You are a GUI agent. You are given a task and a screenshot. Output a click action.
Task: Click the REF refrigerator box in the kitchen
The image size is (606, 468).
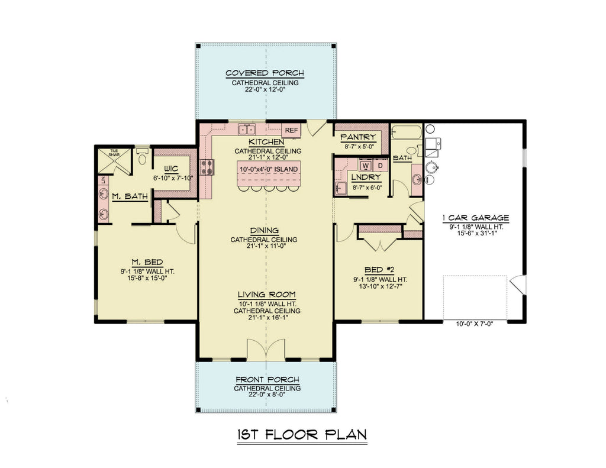click(x=291, y=130)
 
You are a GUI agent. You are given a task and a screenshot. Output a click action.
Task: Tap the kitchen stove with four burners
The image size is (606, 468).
click(x=208, y=167)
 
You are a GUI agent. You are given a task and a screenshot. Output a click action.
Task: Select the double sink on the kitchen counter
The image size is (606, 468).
click(x=247, y=129)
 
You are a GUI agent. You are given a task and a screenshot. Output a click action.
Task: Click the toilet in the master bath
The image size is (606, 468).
click(x=141, y=158)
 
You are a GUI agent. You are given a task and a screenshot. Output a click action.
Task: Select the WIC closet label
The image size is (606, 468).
click(x=171, y=168)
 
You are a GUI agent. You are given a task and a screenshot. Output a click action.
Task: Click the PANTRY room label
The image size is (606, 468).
click(x=357, y=137)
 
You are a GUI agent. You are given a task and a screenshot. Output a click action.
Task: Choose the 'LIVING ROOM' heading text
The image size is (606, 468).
click(x=267, y=295)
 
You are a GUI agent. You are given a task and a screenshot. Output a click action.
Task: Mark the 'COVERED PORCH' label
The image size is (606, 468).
click(x=265, y=73)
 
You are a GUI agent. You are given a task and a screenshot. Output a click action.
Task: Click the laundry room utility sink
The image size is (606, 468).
click(x=341, y=189)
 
